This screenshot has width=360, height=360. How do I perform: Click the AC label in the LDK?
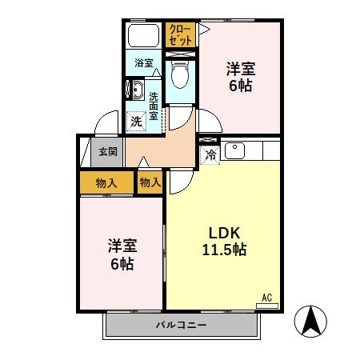coord(267,298)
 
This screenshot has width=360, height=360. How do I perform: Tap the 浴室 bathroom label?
coord(143,62)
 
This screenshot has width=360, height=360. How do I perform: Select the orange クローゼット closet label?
coord(180,34)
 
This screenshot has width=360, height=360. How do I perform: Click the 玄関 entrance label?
coord(108,151)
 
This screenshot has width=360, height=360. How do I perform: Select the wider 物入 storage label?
coord(106,182)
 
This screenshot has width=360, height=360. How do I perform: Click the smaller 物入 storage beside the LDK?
coord(150,182)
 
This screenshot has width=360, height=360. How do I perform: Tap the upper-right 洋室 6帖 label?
coord(240,75)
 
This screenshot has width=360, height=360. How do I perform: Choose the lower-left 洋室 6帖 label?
coord(122,254)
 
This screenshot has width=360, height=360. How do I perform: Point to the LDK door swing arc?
coord(179,181)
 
